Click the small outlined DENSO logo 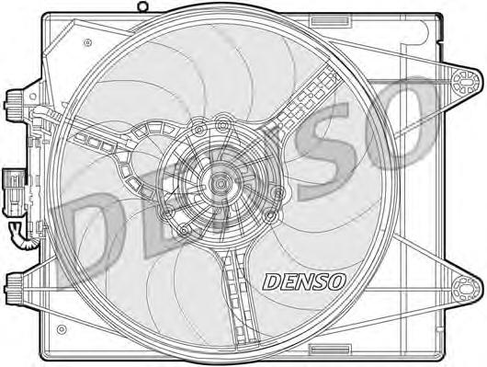tap(304, 281)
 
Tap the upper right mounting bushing tap(465, 82)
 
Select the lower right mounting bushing tap(465, 289)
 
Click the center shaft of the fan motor tap(221, 184)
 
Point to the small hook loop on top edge tap(142, 6)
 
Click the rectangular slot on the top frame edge tap(330, 21)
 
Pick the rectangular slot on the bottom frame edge tap(330, 349)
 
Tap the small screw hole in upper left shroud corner tap(88, 41)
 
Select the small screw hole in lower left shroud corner tap(62, 329)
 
